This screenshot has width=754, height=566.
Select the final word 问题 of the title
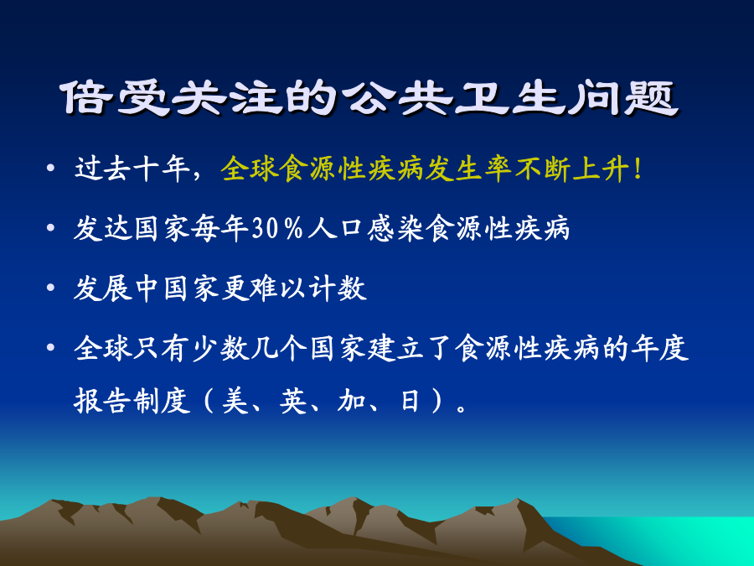(623, 98)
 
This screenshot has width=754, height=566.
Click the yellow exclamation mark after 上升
(638, 169)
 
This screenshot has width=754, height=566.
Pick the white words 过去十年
(132, 169)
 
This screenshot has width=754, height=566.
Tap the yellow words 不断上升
(572, 169)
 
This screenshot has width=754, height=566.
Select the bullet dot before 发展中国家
(50, 288)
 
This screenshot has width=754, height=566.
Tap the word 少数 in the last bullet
(220, 349)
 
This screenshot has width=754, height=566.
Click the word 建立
(396, 349)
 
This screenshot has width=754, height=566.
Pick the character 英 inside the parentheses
(293, 401)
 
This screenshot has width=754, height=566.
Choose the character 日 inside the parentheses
(410, 401)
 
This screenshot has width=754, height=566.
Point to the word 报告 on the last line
(102, 401)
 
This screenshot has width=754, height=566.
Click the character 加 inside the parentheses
(351, 401)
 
